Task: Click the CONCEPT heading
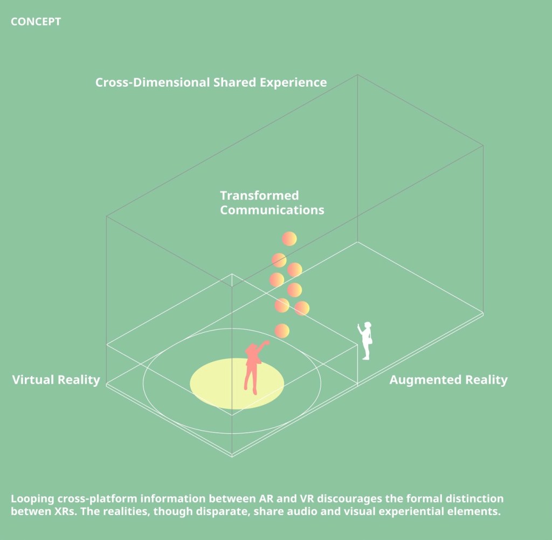[x=36, y=22]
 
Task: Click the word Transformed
[x=259, y=195]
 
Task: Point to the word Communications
[x=272, y=210]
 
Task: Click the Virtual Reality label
[x=56, y=380]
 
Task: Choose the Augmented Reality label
[x=448, y=380]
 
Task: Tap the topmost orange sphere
[x=289, y=238]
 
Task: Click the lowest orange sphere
[x=282, y=331]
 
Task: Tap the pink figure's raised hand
[x=266, y=342]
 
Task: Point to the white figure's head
[x=368, y=326]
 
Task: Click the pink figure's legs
[x=250, y=381]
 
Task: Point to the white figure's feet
[x=366, y=357]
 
